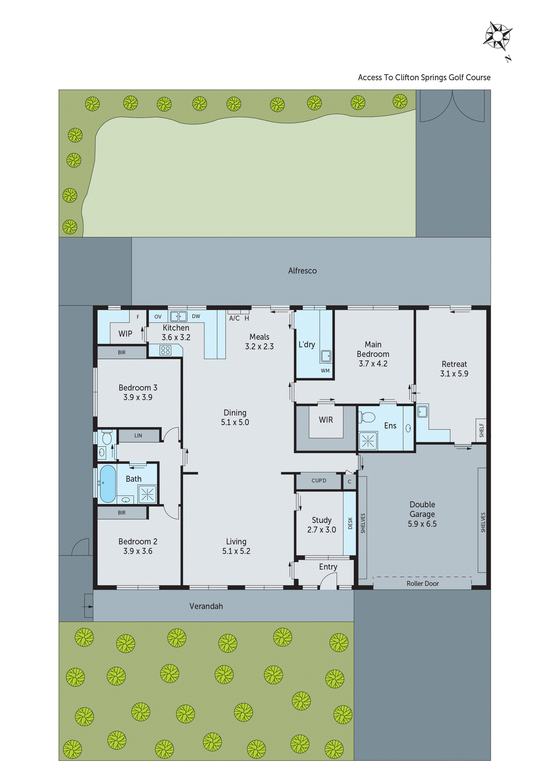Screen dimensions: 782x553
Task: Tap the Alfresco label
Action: tap(302, 271)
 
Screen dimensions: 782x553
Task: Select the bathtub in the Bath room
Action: tap(107, 484)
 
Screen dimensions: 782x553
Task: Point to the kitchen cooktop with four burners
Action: tap(166, 350)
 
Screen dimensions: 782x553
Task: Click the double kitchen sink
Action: tap(178, 316)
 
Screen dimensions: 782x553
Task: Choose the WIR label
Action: tap(326, 420)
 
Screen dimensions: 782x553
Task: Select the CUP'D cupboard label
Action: tap(319, 481)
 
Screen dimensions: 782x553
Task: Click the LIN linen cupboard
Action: tap(138, 436)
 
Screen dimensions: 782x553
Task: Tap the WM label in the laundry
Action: tap(325, 370)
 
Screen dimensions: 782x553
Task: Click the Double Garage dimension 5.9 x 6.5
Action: tap(422, 524)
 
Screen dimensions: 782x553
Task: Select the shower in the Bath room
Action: tap(147, 494)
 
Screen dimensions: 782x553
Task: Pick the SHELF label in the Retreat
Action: tap(481, 431)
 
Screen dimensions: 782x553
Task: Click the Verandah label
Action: tap(206, 606)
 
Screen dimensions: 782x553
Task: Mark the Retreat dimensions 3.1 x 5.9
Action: tap(454, 373)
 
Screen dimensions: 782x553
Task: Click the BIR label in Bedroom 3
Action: tap(122, 353)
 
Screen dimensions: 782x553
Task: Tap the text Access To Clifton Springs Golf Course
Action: tap(424, 78)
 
